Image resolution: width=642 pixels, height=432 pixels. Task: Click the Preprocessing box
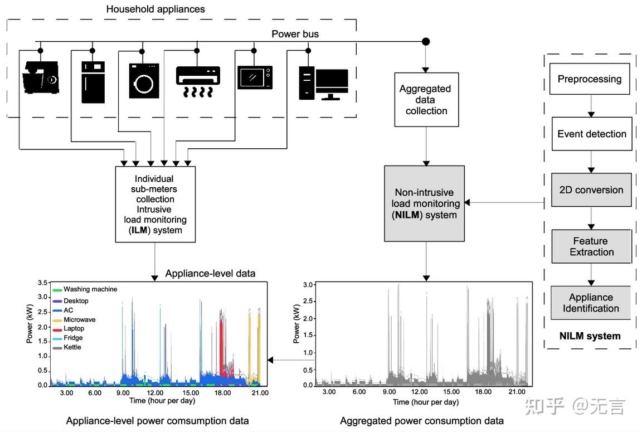tap(590, 79)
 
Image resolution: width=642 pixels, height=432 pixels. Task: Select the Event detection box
tap(591, 134)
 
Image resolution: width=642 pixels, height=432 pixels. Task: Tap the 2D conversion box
tap(591, 190)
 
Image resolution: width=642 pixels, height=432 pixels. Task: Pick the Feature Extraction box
tap(591, 246)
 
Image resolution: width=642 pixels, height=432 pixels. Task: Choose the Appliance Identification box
tap(591, 303)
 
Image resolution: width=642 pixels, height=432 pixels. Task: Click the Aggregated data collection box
tap(426, 100)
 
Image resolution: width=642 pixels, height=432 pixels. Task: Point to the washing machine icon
tap(144, 81)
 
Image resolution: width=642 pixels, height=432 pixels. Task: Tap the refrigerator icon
tap(93, 82)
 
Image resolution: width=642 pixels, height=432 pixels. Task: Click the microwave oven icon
tap(255, 77)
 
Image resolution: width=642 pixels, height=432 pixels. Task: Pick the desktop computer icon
tap(323, 83)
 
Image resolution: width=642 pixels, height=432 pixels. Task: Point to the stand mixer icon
tap(41, 78)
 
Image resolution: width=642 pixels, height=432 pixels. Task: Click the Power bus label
tap(295, 34)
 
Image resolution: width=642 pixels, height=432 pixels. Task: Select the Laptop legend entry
tap(74, 329)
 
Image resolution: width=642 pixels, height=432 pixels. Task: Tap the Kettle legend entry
tap(72, 347)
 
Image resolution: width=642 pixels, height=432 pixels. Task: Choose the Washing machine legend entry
tap(90, 289)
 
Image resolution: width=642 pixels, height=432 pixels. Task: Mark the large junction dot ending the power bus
tap(426, 41)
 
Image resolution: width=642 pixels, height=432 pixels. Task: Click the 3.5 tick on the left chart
tap(42, 283)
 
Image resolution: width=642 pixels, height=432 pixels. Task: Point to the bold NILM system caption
tap(590, 336)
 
